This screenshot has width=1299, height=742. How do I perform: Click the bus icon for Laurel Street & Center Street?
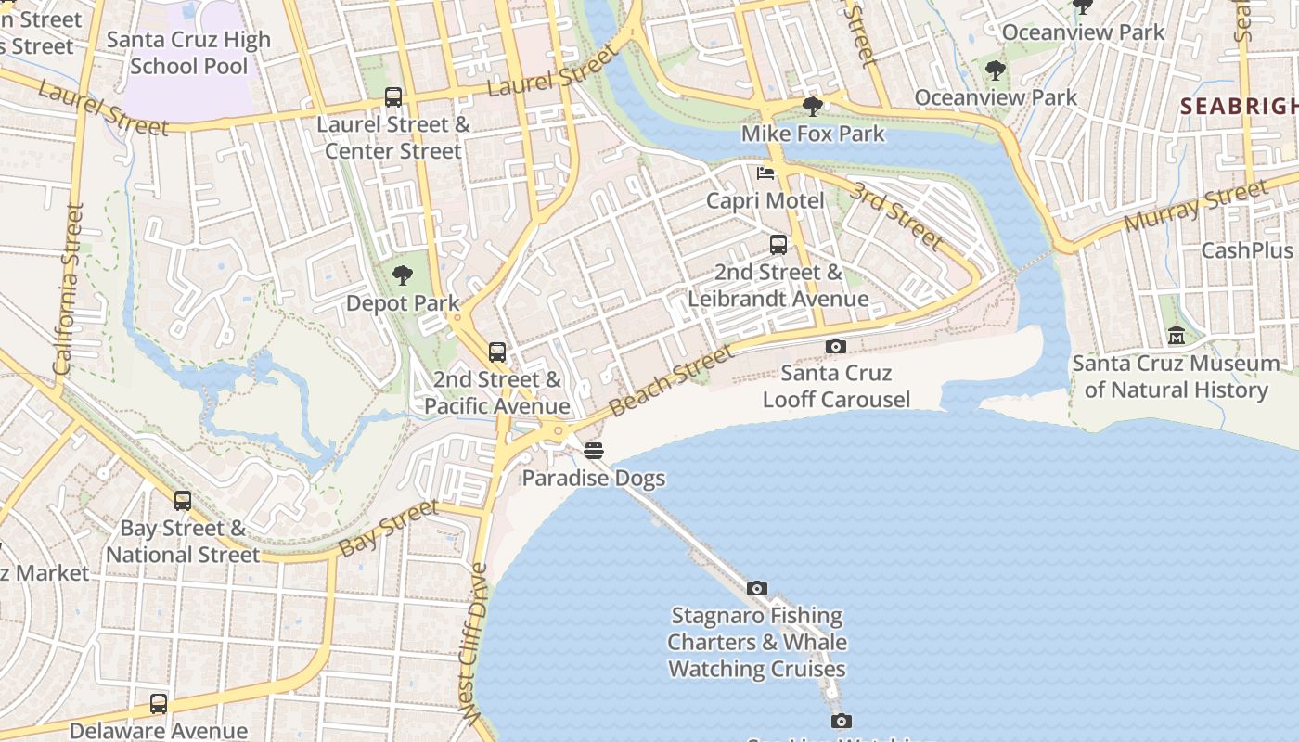[393, 97]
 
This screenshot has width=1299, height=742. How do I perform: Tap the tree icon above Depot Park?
[402, 275]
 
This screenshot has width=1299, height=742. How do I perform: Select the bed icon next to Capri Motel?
[765, 173]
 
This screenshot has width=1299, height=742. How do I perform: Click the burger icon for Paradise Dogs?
[594, 451]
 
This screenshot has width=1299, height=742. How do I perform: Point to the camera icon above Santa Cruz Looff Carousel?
[835, 346]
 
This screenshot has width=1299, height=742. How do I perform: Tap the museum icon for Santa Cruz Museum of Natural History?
[1176, 336]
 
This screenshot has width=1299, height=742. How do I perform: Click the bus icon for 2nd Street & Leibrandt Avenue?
[778, 245]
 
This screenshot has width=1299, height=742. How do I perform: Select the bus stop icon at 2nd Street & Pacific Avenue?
[497, 352]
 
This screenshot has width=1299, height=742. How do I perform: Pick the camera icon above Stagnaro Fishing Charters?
[757, 588]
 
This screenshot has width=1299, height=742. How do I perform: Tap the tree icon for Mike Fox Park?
[813, 107]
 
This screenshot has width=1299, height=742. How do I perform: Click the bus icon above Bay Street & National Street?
[183, 501]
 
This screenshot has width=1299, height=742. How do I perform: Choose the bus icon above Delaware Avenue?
[159, 703]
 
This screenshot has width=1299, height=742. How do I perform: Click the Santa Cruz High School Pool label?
[188, 53]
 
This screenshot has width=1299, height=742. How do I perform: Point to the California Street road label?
[70, 288]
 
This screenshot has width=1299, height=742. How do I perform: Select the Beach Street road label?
[672, 377]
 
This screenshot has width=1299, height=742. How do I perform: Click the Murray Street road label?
[1195, 207]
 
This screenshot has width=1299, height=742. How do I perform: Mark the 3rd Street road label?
[896, 215]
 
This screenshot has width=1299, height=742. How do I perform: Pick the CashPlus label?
[1246, 250]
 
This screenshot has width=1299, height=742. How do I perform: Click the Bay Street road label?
[388, 529]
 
